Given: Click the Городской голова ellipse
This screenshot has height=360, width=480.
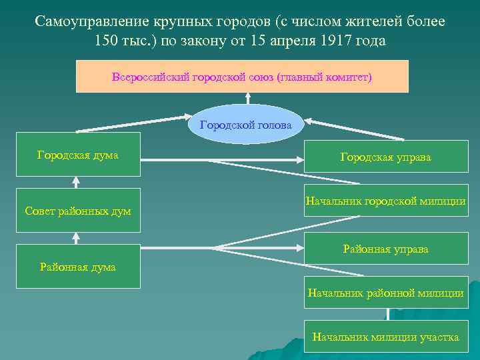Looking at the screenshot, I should (x=246, y=125).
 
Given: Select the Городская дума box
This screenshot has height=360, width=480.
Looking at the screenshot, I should (x=78, y=154).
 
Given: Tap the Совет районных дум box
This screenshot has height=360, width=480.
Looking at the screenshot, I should (x=78, y=210).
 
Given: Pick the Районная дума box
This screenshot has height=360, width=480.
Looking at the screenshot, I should (x=78, y=266).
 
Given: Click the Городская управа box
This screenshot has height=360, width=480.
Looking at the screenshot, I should (x=386, y=157).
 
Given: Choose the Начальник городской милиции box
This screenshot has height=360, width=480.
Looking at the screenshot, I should (x=386, y=200).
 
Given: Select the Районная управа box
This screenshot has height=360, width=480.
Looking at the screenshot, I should (x=386, y=249).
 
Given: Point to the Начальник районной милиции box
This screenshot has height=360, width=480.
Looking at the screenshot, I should (x=386, y=292).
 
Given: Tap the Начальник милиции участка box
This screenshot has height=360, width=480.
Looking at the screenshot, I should (x=386, y=337).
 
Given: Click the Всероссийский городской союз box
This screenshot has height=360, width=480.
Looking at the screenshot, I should (x=242, y=76).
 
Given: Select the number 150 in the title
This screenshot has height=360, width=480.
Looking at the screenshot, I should (x=107, y=41).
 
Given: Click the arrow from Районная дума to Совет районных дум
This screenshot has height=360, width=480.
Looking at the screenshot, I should (x=77, y=238).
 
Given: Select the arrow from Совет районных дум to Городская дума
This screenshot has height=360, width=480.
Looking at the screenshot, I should (x=77, y=182).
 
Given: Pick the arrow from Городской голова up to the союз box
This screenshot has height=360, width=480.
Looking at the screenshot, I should (x=247, y=99).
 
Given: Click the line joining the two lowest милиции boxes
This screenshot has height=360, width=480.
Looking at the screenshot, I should (x=386, y=315).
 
